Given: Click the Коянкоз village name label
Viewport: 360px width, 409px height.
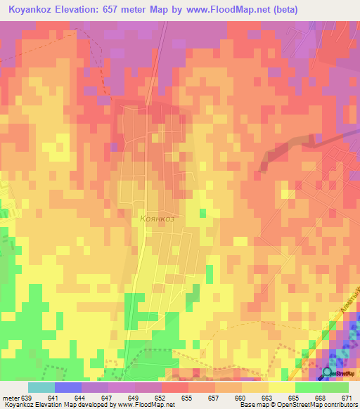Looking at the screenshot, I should [x=157, y=219].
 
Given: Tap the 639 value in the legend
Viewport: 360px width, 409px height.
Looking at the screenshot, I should [x=28, y=398].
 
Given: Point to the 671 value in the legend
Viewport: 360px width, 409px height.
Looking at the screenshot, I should [x=348, y=398].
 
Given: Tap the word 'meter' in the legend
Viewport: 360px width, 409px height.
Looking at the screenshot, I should [x=11, y=398].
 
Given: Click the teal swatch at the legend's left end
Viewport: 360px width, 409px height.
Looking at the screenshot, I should [x=41, y=387].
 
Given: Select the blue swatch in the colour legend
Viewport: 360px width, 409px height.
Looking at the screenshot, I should [x=67, y=387].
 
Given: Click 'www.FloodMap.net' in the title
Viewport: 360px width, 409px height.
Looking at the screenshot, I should [x=219, y=10].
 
